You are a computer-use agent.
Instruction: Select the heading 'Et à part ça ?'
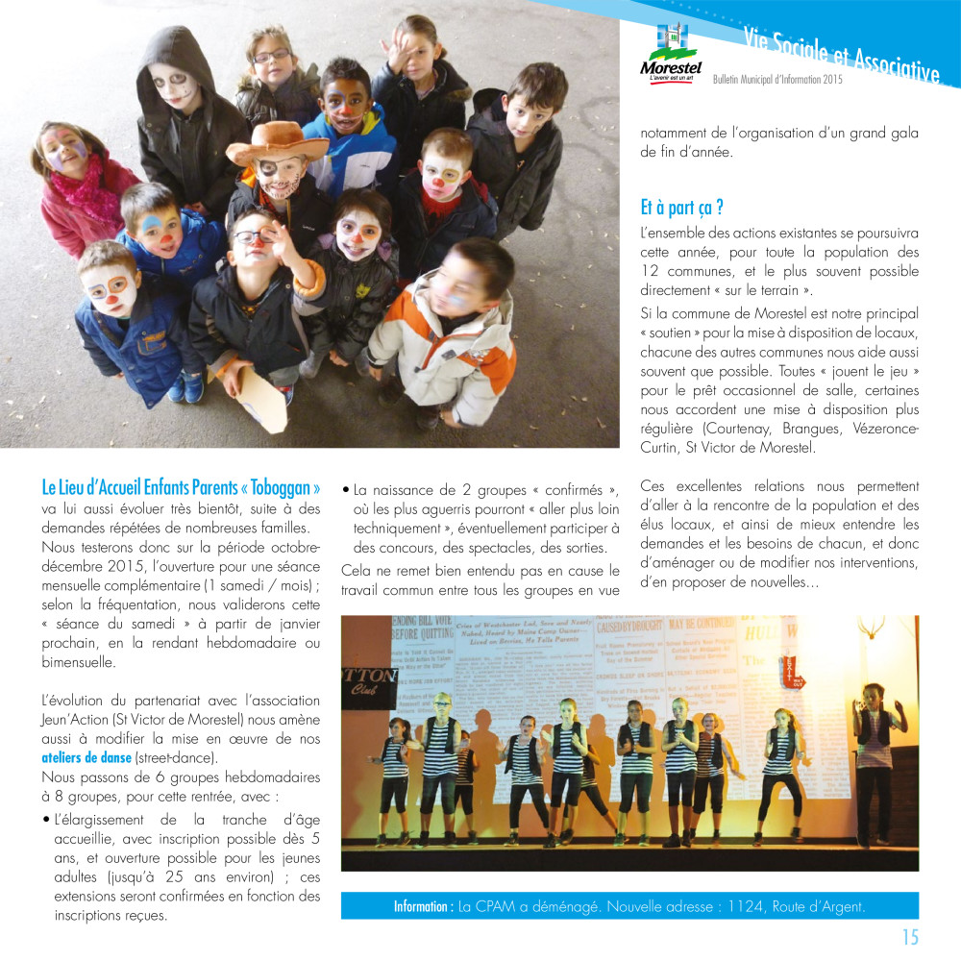pos(681,207)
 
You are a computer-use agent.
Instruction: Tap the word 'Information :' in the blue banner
pos(423,906)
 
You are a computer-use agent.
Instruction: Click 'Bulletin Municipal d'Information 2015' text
pos(776,80)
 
